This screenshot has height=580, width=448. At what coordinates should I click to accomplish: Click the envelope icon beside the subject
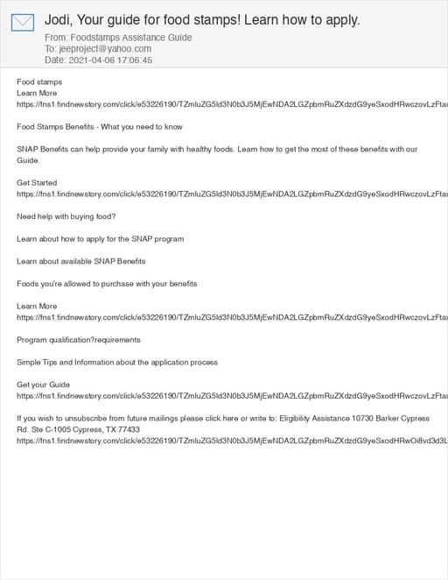click(22, 22)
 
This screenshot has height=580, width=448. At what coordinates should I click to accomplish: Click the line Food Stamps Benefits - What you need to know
click(100, 127)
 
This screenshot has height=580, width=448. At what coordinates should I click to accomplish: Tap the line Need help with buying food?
click(66, 216)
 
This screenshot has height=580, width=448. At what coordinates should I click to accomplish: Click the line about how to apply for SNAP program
click(100, 238)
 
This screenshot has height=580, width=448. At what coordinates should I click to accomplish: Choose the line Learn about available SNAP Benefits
click(80, 261)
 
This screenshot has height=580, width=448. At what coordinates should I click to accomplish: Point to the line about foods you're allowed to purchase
click(107, 284)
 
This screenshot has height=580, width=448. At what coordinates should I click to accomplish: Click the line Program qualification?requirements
click(79, 340)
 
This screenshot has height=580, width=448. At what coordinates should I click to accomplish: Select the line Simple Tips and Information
click(117, 362)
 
